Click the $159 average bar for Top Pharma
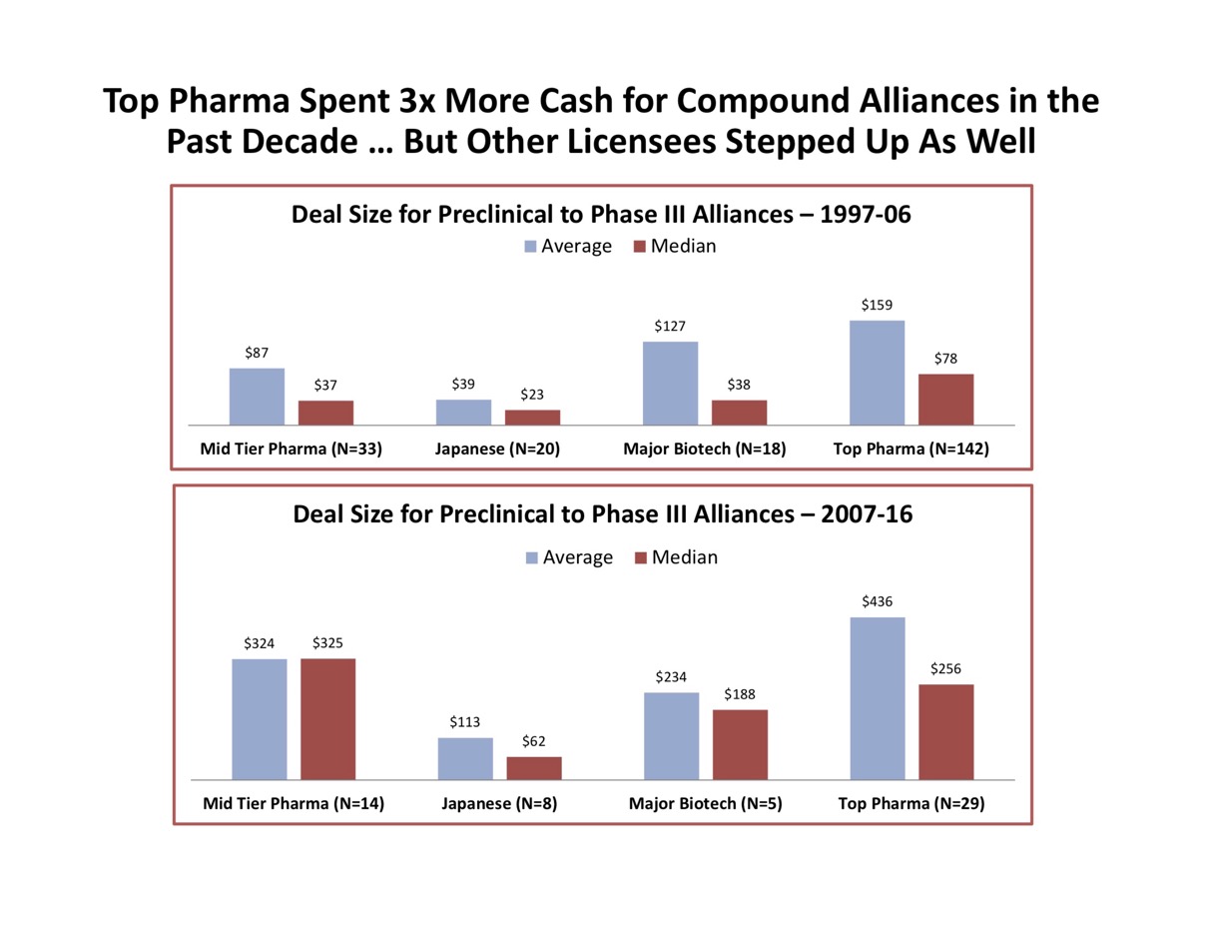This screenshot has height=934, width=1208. (x=877, y=373)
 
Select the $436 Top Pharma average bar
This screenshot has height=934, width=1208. (x=877, y=697)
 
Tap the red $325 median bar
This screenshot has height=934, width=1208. (x=327, y=718)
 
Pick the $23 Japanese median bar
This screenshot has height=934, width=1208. (x=532, y=418)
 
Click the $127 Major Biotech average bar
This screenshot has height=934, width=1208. (x=670, y=384)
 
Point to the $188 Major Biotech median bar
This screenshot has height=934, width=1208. (x=740, y=744)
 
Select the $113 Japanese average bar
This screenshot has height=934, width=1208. (x=465, y=758)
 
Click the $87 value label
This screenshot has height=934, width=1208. (x=257, y=353)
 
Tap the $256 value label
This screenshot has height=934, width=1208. (x=945, y=668)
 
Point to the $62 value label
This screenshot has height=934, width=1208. (x=534, y=741)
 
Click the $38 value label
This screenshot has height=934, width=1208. (x=740, y=385)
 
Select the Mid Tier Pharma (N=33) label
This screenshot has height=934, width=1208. (x=292, y=449)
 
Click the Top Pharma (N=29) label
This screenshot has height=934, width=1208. (x=911, y=803)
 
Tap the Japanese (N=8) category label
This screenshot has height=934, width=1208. (x=497, y=803)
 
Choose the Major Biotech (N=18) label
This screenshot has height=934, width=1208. (x=705, y=449)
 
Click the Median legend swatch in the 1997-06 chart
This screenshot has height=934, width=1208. (x=640, y=247)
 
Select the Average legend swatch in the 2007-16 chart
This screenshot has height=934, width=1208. (x=531, y=557)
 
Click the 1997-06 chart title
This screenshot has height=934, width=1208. (x=601, y=214)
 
